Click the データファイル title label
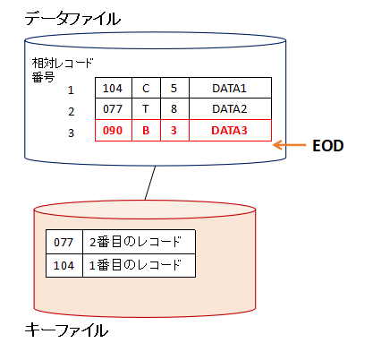(72, 19)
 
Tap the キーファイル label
(66, 330)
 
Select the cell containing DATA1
(230, 88)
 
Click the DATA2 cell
(230, 109)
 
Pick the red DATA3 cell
(230, 130)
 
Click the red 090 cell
(114, 130)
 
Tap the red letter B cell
(146, 130)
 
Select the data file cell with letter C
(146, 88)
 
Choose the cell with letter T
(146, 109)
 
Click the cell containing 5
(174, 88)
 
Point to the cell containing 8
(174, 109)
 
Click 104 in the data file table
(114, 88)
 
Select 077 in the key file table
(64, 242)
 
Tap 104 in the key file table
(64, 265)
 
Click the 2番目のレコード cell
(139, 242)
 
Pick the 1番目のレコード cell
(139, 265)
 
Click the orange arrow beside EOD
(290, 145)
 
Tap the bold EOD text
(328, 146)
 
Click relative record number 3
(71, 133)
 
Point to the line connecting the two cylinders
(150, 183)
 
